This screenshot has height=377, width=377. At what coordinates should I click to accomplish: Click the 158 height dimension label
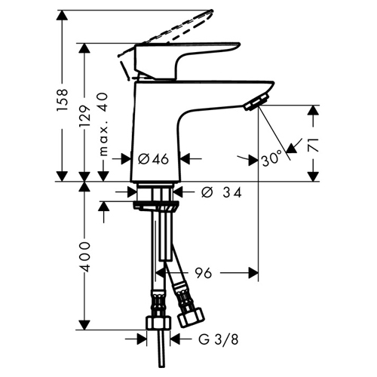[x=63, y=100]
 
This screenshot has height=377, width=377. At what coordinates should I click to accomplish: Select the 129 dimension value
[x=84, y=116]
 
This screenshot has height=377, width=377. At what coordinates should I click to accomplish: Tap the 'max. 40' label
[x=103, y=124]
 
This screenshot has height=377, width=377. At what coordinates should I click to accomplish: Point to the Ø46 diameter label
[x=154, y=159]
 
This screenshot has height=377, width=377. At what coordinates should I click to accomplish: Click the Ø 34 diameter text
[x=222, y=192]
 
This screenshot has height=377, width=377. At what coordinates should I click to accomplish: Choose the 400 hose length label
[x=84, y=257]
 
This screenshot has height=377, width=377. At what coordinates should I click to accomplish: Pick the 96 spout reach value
[x=204, y=273]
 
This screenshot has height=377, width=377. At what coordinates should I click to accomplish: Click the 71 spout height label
[x=314, y=145]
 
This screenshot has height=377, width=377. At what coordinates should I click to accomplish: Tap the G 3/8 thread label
[x=218, y=340]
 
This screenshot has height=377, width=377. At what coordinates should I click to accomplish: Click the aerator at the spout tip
[x=256, y=102]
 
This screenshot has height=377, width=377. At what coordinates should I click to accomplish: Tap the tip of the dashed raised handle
[x=211, y=11]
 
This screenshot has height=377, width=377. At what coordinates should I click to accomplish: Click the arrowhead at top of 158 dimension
[x=63, y=16]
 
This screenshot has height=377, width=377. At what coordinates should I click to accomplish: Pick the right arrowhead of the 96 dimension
[x=253, y=273]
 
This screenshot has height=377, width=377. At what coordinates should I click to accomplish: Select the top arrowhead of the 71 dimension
[x=314, y=110]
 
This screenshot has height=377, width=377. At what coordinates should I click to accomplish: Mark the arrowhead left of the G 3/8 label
[x=142, y=339]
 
